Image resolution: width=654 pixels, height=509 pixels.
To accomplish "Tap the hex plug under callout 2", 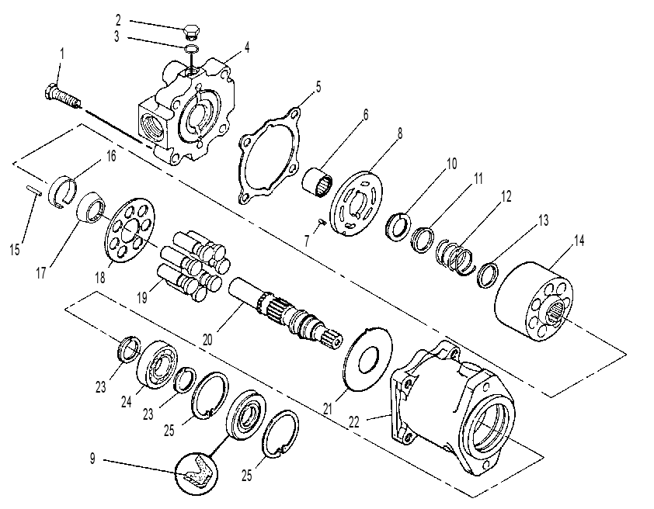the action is [191, 32].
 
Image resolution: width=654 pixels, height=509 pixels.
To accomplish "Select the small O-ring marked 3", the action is [191, 48].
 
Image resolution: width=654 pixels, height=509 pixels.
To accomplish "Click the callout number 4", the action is [247, 47].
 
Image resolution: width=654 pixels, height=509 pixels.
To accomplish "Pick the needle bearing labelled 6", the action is [318, 182].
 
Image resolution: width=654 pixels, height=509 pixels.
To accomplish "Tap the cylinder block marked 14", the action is [534, 302].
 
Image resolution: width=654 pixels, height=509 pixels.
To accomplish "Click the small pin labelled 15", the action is [34, 190].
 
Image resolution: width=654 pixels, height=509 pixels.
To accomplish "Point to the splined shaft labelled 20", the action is [286, 313].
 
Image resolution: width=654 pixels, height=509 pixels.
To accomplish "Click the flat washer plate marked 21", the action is [368, 359].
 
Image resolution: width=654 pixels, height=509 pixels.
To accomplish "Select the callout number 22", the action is [353, 422].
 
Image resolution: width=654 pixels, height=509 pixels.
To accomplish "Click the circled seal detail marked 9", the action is [197, 473].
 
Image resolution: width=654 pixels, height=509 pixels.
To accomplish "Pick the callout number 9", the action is [92, 459].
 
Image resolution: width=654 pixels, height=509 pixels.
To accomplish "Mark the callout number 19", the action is [142, 297].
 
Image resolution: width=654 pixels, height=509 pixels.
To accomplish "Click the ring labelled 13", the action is [488, 274].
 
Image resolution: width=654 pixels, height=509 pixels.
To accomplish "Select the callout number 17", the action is [41, 274].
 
